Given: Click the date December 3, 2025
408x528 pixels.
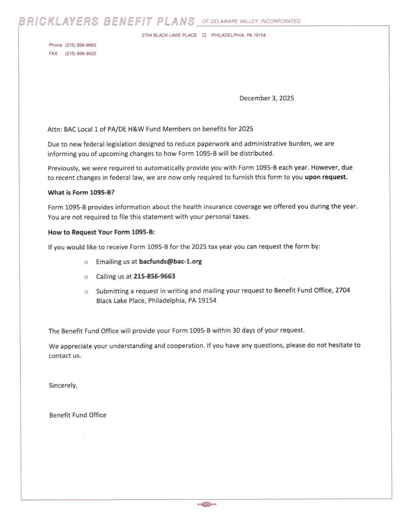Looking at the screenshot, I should pyautogui.click(x=266, y=98).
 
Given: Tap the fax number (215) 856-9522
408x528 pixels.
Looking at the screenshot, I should pyautogui.click(x=80, y=54).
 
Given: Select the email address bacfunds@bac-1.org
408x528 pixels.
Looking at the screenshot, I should pyautogui.click(x=170, y=261).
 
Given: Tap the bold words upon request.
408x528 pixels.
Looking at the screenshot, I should pyautogui.click(x=326, y=178).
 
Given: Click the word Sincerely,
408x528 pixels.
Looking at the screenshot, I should pyautogui.click(x=63, y=385).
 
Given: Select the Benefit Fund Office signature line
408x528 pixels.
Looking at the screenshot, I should pyautogui.click(x=77, y=415).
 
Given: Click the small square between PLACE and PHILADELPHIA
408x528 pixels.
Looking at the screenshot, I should pyautogui.click(x=204, y=35).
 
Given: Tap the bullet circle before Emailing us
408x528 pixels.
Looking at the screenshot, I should pyautogui.click(x=86, y=262).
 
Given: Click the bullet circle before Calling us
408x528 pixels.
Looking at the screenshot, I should pyautogui.click(x=86, y=277).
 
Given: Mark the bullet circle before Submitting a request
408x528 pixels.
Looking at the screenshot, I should pyautogui.click(x=86, y=291).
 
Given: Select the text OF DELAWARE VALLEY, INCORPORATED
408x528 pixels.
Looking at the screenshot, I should pyautogui.click(x=251, y=22).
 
